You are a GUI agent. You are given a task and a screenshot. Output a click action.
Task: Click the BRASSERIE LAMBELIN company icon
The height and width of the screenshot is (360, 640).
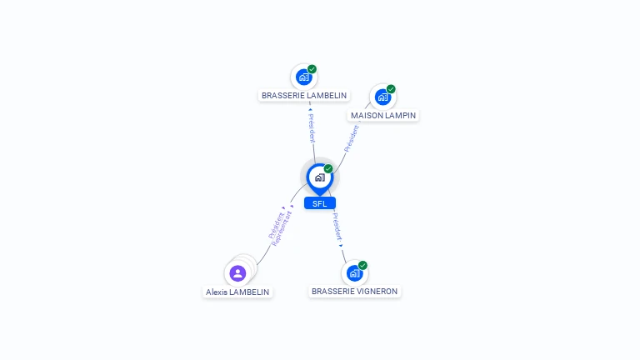coord(303,77)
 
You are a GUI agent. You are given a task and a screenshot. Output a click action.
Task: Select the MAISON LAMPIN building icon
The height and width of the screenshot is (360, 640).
coord(382,97)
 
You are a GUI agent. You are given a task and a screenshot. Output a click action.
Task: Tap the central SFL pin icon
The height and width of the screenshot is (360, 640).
coord(319,177)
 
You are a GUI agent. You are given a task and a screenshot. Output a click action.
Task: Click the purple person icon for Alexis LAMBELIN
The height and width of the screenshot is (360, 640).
coord(237,273)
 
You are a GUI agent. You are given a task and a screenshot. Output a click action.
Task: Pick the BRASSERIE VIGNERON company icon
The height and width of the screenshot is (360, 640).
coord(355,273)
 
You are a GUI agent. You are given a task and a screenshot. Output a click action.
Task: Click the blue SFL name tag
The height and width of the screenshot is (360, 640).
coord(320,203)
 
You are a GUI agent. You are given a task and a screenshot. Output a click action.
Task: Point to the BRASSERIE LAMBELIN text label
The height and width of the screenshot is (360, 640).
coord(304,96)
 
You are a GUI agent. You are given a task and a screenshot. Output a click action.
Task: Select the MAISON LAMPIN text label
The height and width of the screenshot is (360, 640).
coord(383,115)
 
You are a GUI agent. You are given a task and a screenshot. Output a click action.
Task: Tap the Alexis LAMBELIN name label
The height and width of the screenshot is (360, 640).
coord(237,292)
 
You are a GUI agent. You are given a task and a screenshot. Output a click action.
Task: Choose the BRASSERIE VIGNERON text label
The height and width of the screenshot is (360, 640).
coord(355,292)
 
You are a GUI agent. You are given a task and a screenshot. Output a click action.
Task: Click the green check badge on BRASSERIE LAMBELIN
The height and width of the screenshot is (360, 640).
coord(312,69)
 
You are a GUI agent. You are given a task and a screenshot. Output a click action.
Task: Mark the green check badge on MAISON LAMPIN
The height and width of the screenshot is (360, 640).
coord(391,89)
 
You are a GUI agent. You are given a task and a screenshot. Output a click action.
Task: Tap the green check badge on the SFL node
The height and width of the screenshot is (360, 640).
coord(328,169)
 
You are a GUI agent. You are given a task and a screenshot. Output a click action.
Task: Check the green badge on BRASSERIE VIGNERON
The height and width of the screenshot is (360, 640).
coord(362,266)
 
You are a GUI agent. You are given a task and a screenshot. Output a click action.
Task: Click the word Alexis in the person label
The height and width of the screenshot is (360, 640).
coord(217,292)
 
